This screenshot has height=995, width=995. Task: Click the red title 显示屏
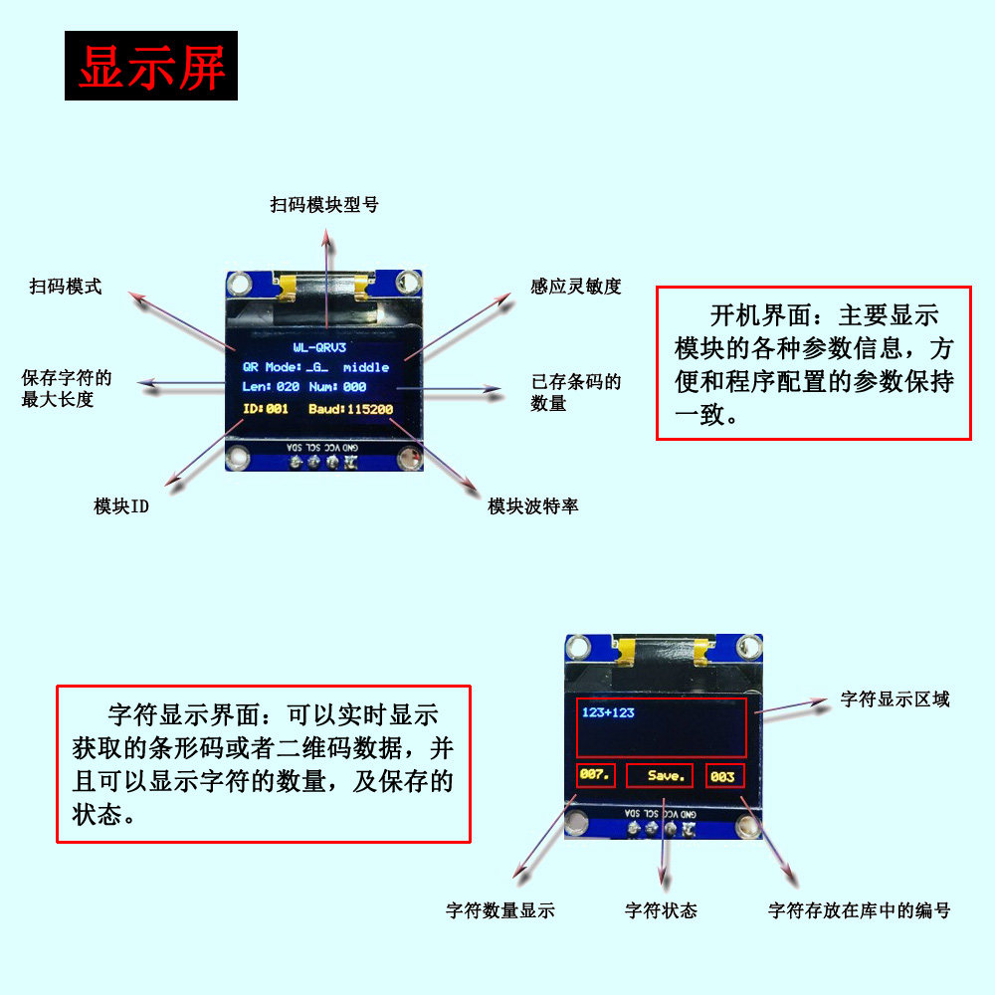tap(151, 67)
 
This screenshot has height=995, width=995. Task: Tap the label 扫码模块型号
tap(324, 204)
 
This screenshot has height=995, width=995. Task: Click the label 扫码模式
tap(66, 287)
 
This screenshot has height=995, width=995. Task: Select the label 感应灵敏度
tap(576, 287)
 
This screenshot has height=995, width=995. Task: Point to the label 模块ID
tap(121, 506)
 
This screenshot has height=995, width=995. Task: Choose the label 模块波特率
tap(532, 506)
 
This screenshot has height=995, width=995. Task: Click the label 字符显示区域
tap(895, 699)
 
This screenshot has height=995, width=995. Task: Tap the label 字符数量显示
tap(499, 910)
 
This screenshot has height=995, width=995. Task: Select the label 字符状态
tap(661, 910)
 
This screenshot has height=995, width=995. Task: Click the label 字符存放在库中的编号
tap(859, 910)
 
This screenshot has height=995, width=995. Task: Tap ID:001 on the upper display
tap(265, 409)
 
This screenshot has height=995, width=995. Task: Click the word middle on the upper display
tap(366, 367)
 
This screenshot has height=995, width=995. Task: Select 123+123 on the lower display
tap(608, 712)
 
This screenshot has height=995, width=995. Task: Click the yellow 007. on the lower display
tap(596, 775)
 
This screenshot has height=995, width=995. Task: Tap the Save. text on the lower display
tap(667, 776)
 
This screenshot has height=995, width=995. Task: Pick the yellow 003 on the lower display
tap(722, 776)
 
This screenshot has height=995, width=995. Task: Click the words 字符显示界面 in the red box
tap(181, 714)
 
